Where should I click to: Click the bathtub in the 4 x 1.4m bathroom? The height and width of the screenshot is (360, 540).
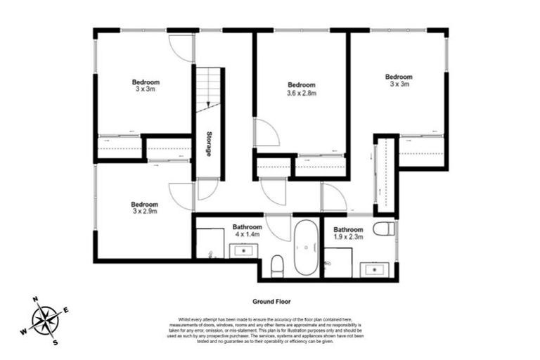click(x=306, y=248)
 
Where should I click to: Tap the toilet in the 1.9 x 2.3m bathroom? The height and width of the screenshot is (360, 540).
click(x=383, y=229)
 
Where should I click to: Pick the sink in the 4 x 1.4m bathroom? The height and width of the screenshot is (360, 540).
click(x=245, y=250)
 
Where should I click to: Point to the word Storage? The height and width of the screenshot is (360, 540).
click(x=209, y=143)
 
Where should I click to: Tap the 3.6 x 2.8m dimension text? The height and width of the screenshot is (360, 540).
click(x=302, y=93)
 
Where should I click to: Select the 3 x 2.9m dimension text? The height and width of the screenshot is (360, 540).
click(x=144, y=210)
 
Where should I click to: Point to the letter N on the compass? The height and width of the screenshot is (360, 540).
click(x=34, y=300)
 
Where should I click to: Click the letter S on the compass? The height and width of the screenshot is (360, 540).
click(x=55, y=342)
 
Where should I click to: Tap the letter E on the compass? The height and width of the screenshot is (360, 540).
click(x=66, y=310)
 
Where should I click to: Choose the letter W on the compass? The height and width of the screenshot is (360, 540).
click(x=23, y=332)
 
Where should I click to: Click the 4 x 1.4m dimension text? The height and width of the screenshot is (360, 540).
click(x=247, y=235)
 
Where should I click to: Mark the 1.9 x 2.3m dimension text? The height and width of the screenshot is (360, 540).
click(x=348, y=238)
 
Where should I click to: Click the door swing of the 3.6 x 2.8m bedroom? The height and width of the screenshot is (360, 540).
click(x=266, y=133)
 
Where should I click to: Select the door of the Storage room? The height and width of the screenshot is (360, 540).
click(x=207, y=188)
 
